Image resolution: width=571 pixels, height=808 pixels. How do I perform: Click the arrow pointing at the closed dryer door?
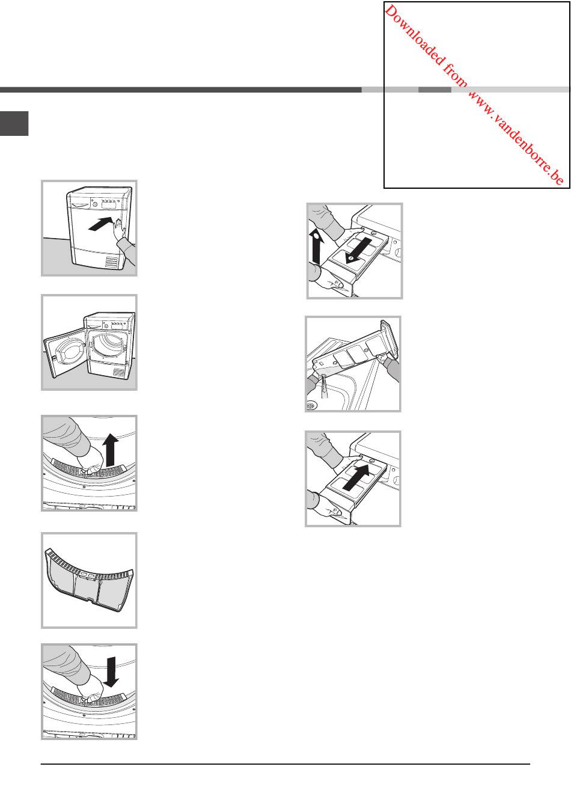100,224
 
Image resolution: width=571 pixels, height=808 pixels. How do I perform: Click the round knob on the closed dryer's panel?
95,204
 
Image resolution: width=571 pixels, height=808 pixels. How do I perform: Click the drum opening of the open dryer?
107,346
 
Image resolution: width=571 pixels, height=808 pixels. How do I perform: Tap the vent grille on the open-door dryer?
120,372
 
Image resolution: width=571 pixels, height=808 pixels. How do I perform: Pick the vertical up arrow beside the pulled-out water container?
316,246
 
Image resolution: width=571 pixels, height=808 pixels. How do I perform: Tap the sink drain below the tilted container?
311,406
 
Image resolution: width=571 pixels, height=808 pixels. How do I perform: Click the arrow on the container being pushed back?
356,477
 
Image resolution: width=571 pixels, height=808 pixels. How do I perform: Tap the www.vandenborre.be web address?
516,138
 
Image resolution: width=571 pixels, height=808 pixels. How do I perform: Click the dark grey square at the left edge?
14,123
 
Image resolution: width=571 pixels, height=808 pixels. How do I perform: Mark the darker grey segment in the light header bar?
435,90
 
